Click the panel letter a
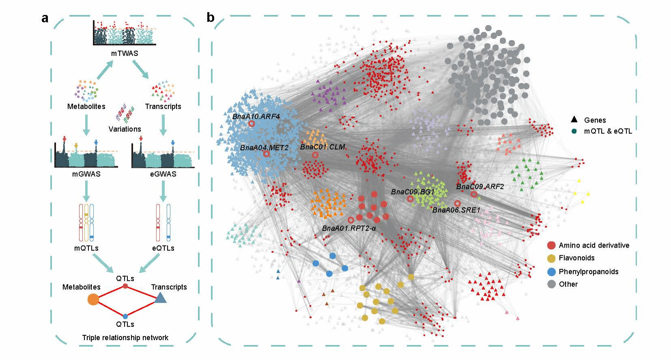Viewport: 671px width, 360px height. [45, 18]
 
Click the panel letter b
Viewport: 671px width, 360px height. [210, 18]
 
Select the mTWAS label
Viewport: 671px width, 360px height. [125, 53]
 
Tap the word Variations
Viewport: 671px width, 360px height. [125, 129]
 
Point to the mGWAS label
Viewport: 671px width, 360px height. [86, 174]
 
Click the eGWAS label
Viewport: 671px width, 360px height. [163, 174]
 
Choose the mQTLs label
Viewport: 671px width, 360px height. [86, 248]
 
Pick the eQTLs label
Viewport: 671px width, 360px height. [163, 248]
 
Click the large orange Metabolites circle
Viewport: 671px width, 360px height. [93, 300]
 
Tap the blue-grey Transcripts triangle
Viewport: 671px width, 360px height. [160, 299]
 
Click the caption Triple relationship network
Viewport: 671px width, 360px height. [125, 337]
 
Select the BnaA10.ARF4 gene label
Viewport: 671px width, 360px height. [256, 116]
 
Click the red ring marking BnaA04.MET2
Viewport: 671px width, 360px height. [266, 154]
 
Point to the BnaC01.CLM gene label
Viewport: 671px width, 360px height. [323, 147]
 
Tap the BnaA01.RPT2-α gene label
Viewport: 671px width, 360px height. [349, 228]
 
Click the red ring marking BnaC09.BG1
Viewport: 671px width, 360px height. [410, 199]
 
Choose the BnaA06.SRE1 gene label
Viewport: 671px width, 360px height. [456, 210]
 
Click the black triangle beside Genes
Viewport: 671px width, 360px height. [574, 120]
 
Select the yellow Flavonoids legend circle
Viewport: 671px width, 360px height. [551, 258]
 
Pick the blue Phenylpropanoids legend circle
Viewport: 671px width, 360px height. [551, 272]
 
